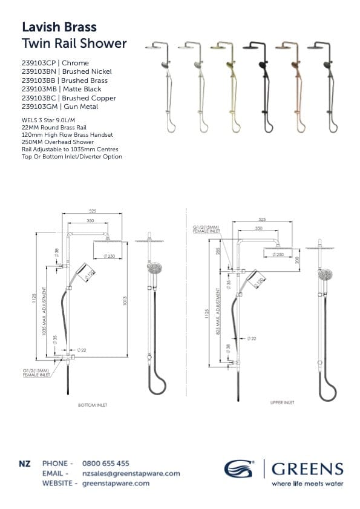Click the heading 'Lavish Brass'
click(x=59, y=27)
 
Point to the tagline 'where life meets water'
click(x=307, y=484)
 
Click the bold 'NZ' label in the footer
click(x=25, y=464)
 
